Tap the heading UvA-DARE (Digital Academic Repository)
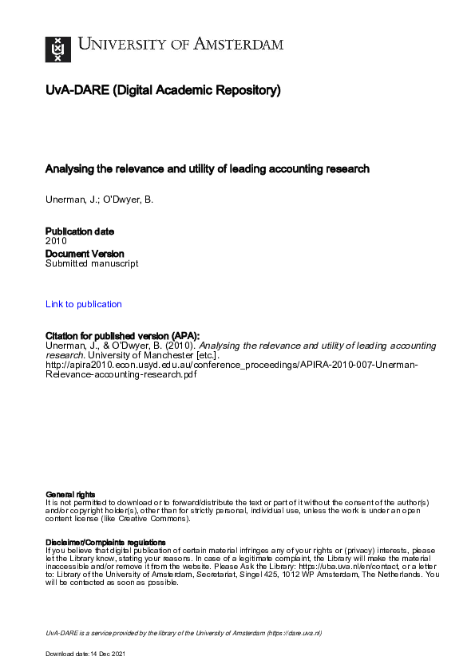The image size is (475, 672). point(163,91)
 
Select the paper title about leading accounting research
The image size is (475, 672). point(208,169)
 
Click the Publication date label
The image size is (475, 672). point(79,231)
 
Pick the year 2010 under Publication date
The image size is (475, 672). point(56,240)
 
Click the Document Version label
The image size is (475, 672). point(85,254)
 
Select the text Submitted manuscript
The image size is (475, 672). point(92,263)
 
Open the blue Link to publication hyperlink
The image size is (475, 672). point(84,304)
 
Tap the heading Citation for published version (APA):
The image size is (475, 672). point(122,336)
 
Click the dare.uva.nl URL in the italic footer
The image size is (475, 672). point(295,633)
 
